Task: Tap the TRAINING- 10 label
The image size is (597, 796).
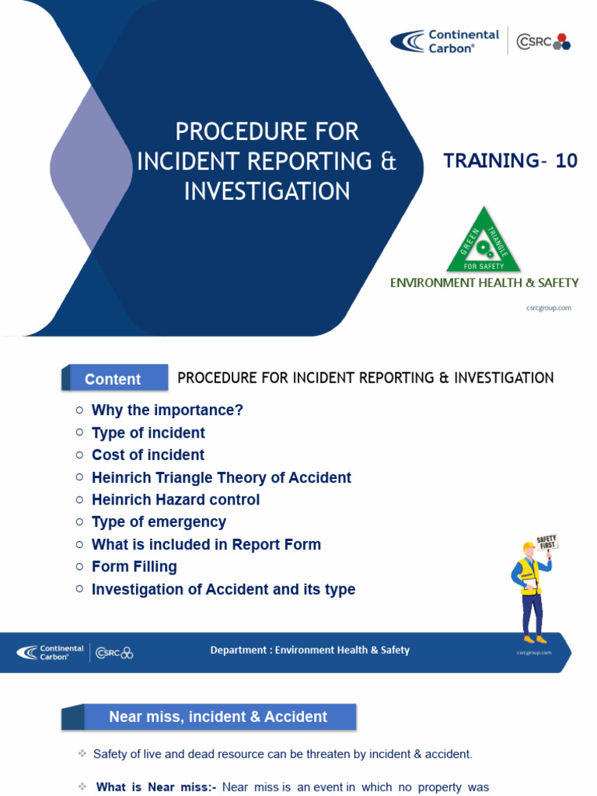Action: click(510, 161)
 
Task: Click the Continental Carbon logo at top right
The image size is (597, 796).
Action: click(445, 41)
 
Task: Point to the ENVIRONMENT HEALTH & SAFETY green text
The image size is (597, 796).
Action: click(484, 283)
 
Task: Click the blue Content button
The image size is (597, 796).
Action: click(114, 379)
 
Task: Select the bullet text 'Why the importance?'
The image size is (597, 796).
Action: click(167, 410)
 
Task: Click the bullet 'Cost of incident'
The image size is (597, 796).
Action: click(148, 455)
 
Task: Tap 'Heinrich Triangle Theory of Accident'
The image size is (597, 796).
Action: click(221, 477)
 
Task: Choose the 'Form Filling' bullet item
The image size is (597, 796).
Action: click(134, 567)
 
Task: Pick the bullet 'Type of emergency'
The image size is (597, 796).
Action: click(159, 522)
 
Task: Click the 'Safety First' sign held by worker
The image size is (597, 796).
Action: click(547, 543)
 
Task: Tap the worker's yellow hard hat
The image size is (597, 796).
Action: click(529, 548)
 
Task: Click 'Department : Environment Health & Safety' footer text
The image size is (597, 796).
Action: click(309, 650)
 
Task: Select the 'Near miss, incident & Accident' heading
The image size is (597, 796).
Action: click(218, 717)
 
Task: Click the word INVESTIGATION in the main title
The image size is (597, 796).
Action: click(267, 191)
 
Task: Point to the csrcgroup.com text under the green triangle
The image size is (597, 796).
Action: click(550, 308)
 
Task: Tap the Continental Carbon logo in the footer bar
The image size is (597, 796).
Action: click(51, 652)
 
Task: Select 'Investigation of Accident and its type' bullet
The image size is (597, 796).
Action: click(223, 589)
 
